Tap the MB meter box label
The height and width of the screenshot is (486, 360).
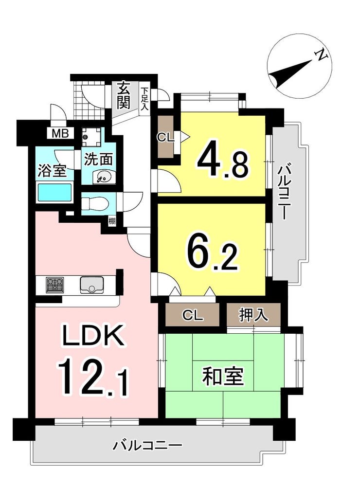pyautogui.click(x=60, y=134)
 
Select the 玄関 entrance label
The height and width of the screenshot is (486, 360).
pyautogui.click(x=124, y=95)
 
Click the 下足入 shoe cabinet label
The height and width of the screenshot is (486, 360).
pyautogui.click(x=144, y=99)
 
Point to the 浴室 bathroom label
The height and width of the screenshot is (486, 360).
pyautogui.click(x=53, y=171)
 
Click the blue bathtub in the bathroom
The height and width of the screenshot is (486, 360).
pyautogui.click(x=54, y=193)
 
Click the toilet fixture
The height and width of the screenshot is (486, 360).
pyautogui.click(x=94, y=204)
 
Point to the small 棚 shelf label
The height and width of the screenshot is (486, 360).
pyautogui.click(x=112, y=221)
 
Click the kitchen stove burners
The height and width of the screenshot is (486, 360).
pyautogui.click(x=55, y=285)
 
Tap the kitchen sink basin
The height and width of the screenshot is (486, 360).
pyautogui.click(x=92, y=285)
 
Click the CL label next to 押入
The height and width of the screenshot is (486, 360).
pyautogui.click(x=193, y=316)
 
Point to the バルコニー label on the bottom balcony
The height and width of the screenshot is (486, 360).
pyautogui.click(x=147, y=446)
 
